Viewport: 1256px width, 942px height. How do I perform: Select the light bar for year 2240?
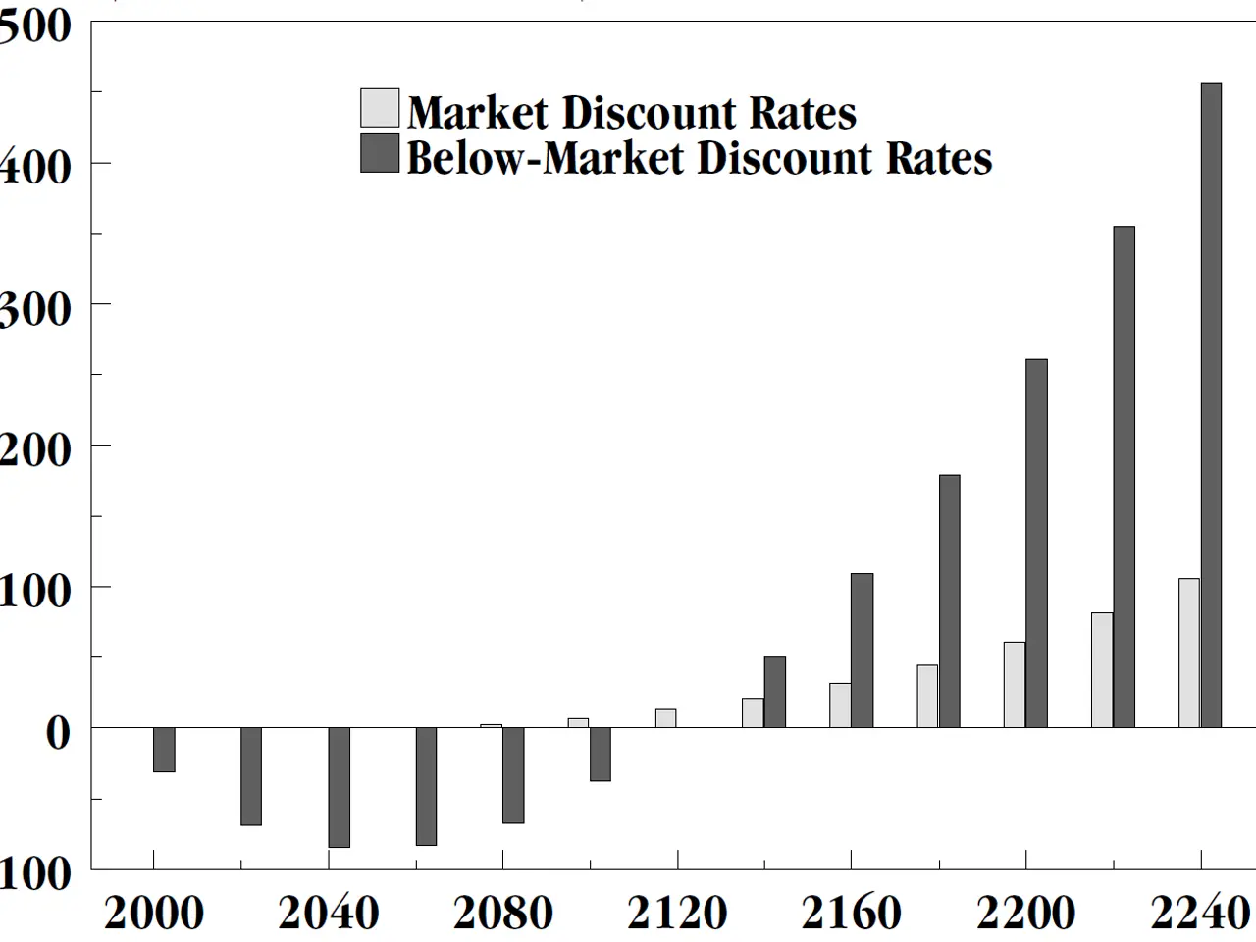pyautogui.click(x=1188, y=653)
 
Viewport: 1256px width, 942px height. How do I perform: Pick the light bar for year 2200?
pyautogui.click(x=1014, y=684)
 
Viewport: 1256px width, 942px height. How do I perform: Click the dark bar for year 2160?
pyautogui.click(x=862, y=650)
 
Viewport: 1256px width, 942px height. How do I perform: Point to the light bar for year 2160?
pyautogui.click(x=840, y=705)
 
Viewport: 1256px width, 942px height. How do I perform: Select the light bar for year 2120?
pyautogui.click(x=665, y=718)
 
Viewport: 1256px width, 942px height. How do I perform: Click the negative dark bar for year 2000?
pyautogui.click(x=164, y=750)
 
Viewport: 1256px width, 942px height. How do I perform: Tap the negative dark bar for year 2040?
pyautogui.click(x=339, y=787)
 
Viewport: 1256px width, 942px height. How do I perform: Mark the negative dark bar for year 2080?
pyautogui.click(x=513, y=775)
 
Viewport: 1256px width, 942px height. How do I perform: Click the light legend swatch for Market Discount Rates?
pyautogui.click(x=380, y=109)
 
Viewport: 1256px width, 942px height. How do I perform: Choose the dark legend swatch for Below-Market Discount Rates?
pyautogui.click(x=380, y=154)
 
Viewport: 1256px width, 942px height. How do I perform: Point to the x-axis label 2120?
pyautogui.click(x=677, y=913)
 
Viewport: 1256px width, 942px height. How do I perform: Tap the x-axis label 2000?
pyautogui.click(x=154, y=913)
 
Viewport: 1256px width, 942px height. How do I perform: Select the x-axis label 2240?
pyautogui.click(x=1200, y=913)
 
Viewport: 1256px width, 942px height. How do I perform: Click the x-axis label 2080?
pyautogui.click(x=502, y=913)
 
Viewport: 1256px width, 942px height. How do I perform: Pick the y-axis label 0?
pyautogui.click(x=59, y=732)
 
